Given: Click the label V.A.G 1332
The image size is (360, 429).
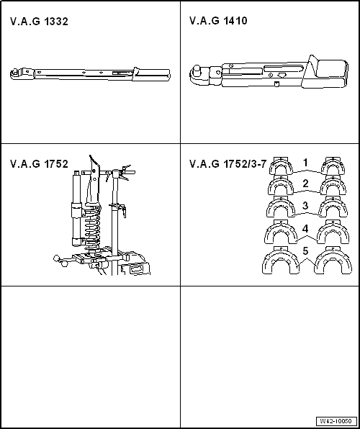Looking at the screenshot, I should [39, 22].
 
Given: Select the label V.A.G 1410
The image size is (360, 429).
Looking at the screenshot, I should [218, 22].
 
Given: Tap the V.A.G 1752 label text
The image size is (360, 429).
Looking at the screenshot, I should [39, 164].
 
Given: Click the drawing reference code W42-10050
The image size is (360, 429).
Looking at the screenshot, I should [336, 421].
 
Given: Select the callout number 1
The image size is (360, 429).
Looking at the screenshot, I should [305, 162].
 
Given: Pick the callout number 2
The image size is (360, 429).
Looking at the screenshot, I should [305, 184].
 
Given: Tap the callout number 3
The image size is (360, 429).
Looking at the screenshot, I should [305, 206].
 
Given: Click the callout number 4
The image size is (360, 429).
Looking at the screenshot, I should [305, 229].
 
